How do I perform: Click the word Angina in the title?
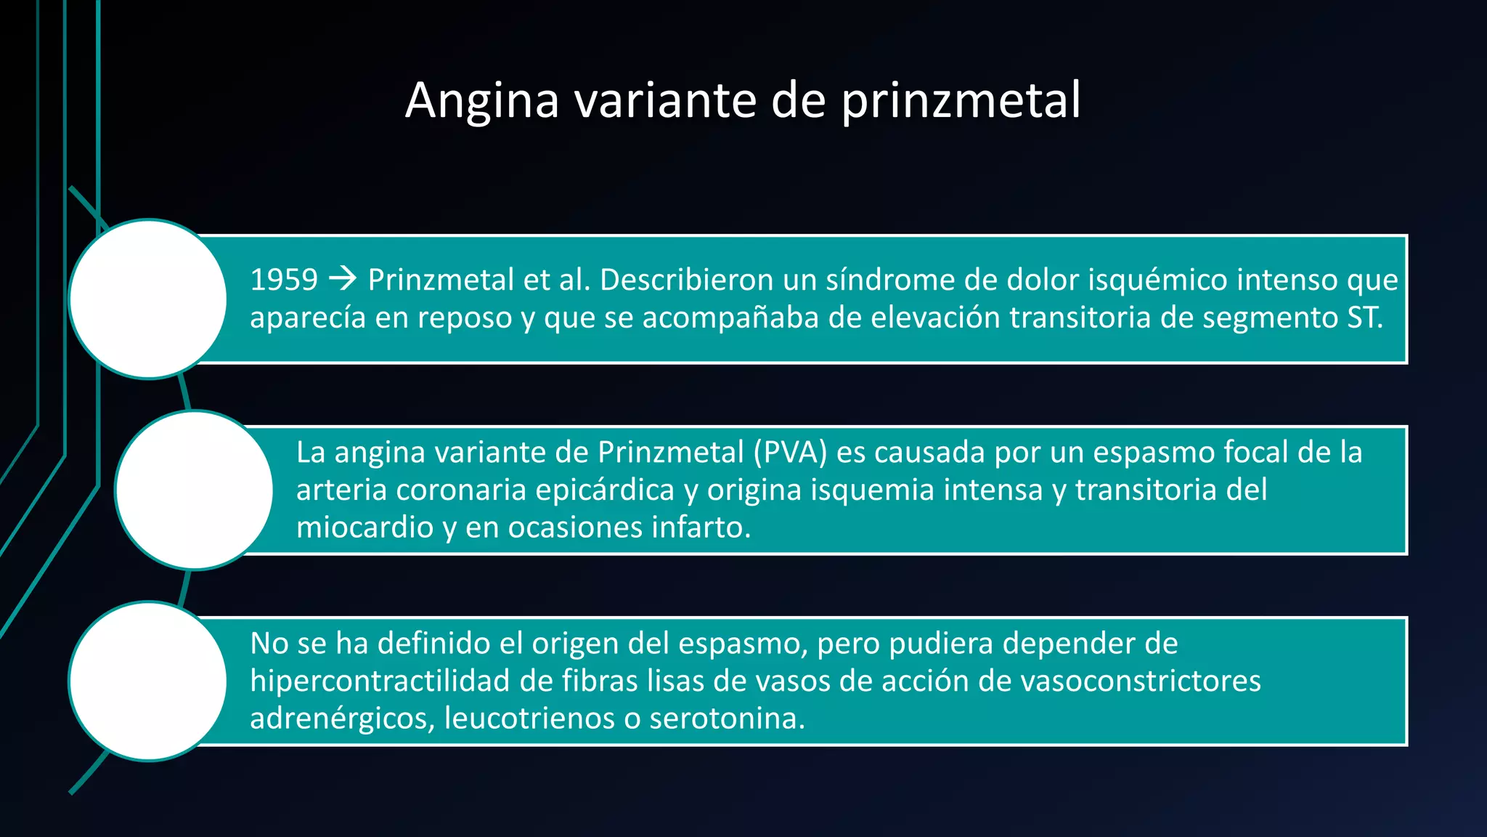[482, 100]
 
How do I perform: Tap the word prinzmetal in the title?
[961, 100]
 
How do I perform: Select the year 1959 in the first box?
[284, 280]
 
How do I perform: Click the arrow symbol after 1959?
[343, 278]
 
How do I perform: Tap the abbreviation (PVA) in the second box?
[790, 452]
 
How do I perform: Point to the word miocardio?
[364, 527]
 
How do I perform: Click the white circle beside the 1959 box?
[148, 299]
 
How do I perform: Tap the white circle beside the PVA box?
[194, 490]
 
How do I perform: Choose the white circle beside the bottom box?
[148, 681]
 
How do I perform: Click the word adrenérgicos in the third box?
[342, 719]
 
